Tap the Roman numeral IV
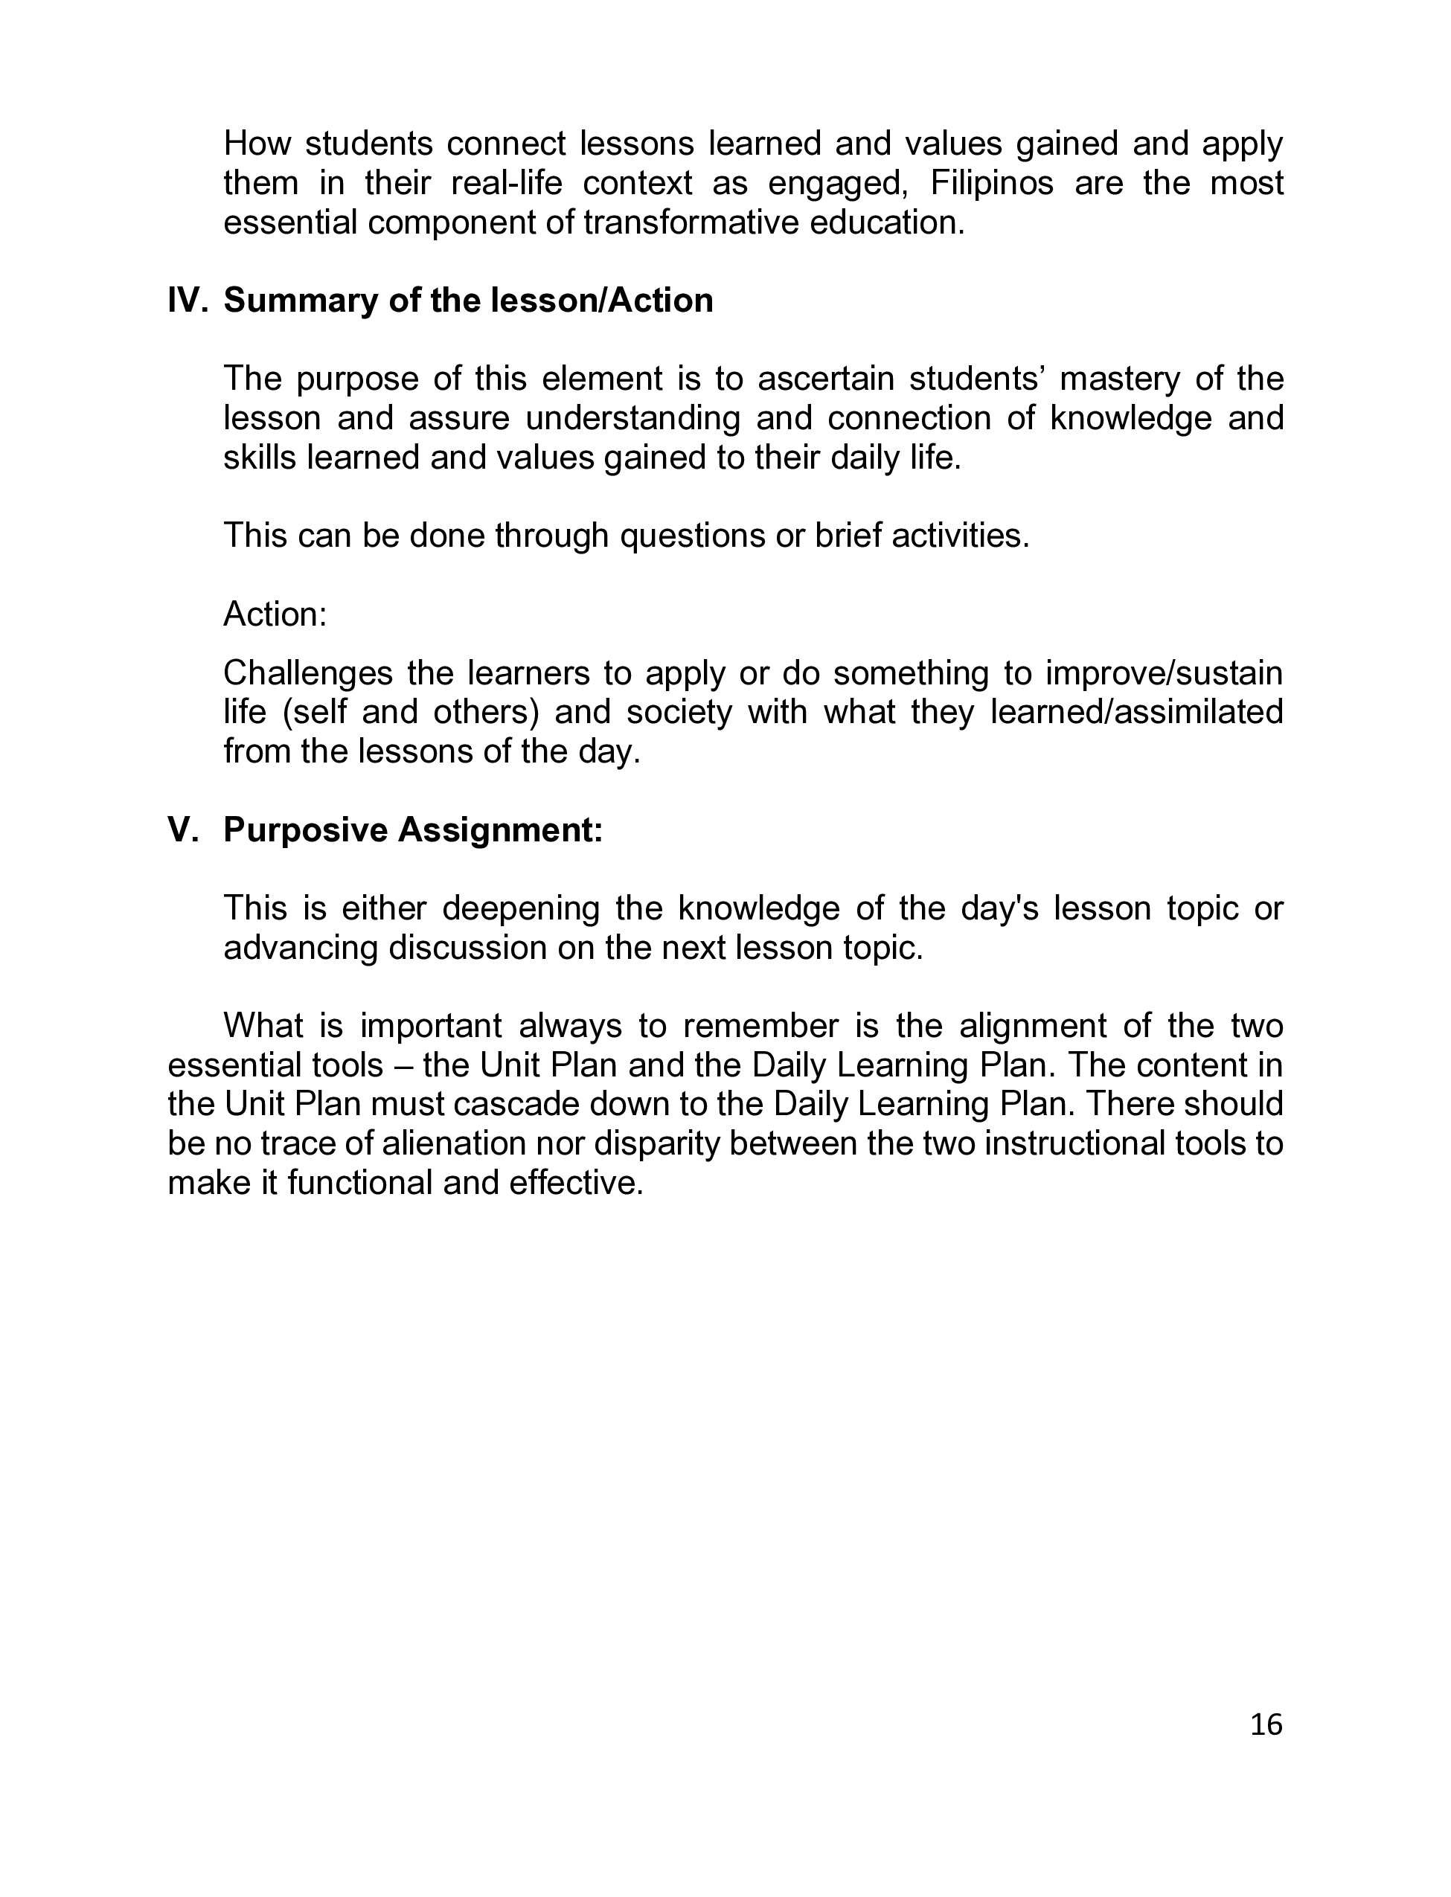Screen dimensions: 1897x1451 click(187, 301)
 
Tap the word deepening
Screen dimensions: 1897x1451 click(521, 908)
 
